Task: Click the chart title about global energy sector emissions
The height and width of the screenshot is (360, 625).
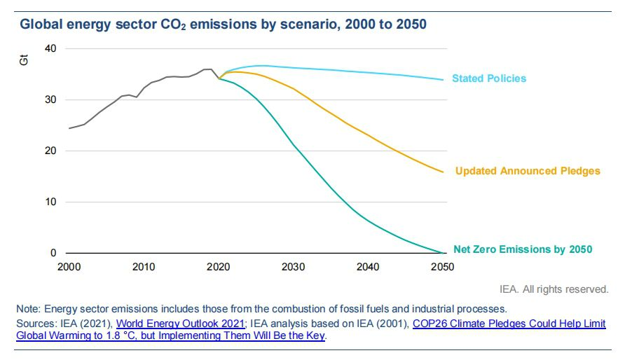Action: point(223,25)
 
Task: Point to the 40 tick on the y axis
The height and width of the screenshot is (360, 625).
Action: point(49,48)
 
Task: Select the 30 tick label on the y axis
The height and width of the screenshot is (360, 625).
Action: point(49,99)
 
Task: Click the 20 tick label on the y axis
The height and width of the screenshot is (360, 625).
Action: point(49,151)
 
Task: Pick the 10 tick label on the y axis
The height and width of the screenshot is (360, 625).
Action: point(49,202)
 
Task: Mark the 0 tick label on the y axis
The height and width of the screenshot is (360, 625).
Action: point(52,253)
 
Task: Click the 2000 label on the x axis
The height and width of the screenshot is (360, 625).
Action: point(69,267)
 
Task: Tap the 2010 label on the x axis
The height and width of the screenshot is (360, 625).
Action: point(144,267)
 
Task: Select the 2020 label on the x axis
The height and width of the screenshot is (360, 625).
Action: point(219,267)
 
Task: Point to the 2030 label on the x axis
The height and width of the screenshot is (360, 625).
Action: point(293,267)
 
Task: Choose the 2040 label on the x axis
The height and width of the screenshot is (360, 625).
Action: point(368,267)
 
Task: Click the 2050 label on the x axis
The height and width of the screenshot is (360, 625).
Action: point(442,267)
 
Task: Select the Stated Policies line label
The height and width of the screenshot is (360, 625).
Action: point(489,78)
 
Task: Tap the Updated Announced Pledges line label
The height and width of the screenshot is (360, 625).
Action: point(528,171)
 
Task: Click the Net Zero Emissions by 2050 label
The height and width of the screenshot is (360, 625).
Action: point(523,249)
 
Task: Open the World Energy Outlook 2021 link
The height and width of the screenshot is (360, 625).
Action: point(180,323)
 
